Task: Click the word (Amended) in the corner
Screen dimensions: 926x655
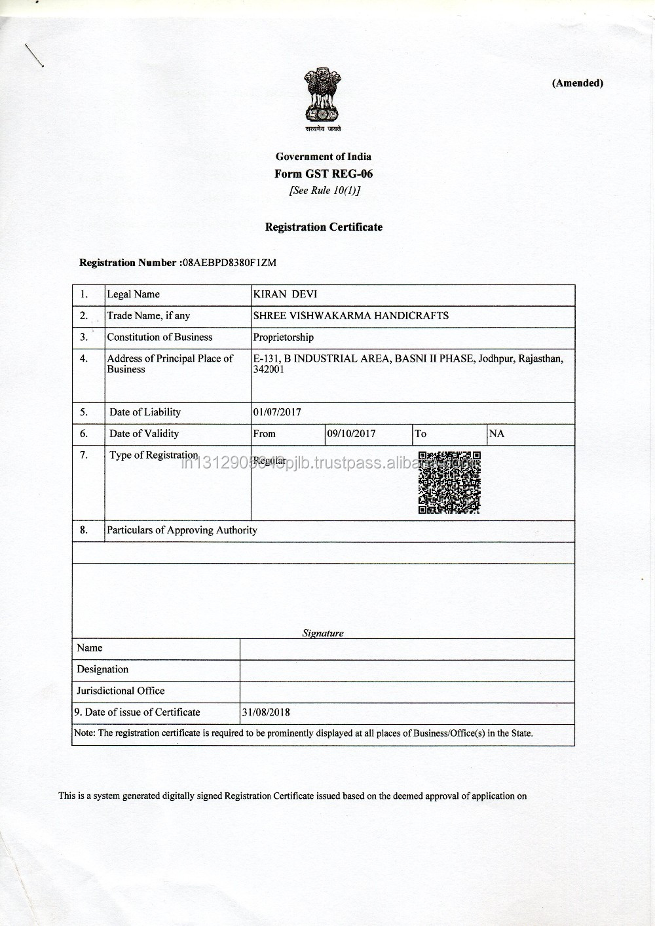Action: point(577,83)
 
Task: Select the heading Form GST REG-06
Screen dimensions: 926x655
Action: point(324,174)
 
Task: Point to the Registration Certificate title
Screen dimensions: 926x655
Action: point(324,227)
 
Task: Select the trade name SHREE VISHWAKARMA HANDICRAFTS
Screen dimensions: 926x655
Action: point(350,315)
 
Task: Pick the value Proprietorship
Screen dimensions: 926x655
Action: point(283,337)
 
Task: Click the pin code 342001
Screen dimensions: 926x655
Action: point(269,370)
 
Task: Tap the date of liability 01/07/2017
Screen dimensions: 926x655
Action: point(277,412)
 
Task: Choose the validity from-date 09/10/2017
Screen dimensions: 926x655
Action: point(351,434)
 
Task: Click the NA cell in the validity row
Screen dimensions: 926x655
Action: point(497,434)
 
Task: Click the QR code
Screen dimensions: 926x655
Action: point(449,482)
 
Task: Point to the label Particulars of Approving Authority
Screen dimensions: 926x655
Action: point(182,530)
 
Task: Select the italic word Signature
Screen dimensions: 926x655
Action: point(323,633)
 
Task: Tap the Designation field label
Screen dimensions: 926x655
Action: point(102,669)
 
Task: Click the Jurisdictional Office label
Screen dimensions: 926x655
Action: point(121,691)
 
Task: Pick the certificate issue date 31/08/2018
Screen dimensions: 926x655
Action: point(267,712)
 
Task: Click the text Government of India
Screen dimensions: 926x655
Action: point(324,156)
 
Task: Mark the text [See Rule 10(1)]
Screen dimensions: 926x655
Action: point(324,191)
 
